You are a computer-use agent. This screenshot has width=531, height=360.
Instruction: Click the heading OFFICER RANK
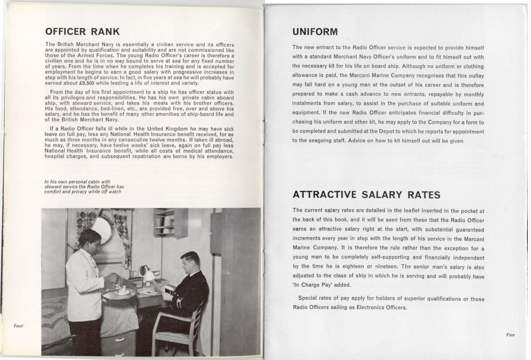tap(82, 31)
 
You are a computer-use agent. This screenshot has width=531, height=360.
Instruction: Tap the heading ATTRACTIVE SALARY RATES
tap(366, 195)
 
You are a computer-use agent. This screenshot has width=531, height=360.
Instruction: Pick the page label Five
tap(510, 335)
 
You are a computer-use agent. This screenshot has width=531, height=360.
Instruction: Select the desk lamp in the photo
tap(145, 271)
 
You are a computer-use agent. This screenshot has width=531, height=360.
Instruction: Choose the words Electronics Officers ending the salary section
tap(379, 308)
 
